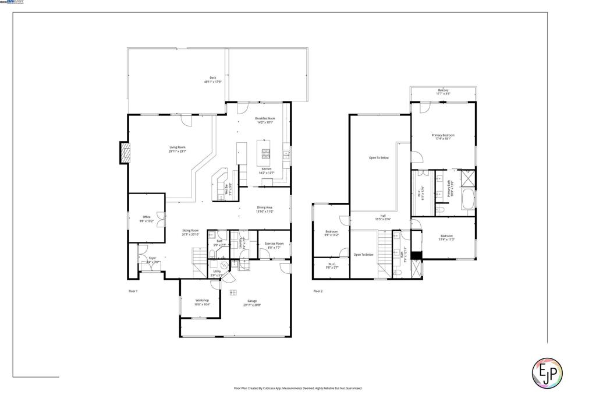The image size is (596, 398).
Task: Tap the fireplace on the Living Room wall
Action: click(123, 153)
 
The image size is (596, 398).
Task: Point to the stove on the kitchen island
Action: click(265, 154)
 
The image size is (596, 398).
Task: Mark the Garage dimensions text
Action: click(252, 305)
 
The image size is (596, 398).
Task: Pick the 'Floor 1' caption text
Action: click(133, 291)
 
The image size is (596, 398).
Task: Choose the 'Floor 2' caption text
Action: click(318, 291)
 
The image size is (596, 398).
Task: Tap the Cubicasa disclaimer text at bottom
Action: click(297, 388)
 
